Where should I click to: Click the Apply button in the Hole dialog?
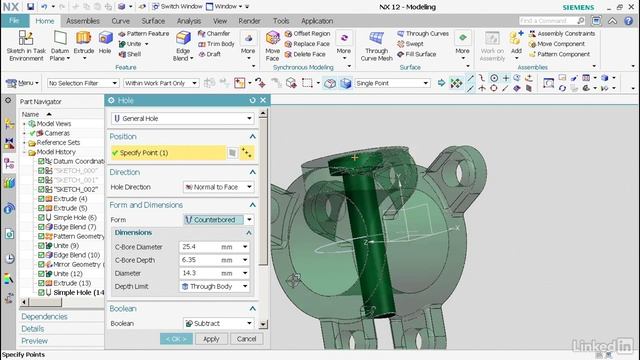211,339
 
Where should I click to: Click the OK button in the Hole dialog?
174,339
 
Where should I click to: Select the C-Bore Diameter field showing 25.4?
199,246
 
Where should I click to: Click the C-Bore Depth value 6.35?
199,259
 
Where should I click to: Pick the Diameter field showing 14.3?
199,272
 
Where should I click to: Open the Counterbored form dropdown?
218,219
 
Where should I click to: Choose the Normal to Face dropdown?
218,187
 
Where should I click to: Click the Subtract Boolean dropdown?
218,324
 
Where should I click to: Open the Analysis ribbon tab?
188,20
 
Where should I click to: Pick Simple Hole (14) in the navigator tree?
77,292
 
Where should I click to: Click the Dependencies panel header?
44,317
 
